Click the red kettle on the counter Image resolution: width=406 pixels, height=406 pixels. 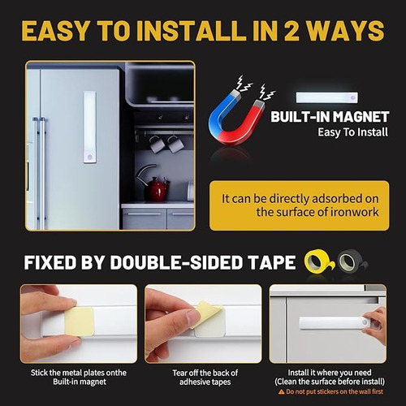156,189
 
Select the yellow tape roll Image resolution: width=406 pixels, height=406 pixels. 319,262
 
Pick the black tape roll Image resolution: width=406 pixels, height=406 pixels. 352,261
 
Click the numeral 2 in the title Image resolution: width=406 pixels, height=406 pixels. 292,31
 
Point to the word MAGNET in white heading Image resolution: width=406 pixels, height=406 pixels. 361,117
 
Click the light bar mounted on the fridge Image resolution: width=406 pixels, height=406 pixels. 89,127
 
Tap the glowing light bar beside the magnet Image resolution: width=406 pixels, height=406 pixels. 326,97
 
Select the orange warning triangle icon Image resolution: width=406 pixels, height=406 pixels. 281,391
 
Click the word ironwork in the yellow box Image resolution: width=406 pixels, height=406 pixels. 355,212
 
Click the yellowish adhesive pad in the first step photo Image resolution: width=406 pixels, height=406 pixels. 80,322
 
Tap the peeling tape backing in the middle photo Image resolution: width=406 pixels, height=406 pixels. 206,313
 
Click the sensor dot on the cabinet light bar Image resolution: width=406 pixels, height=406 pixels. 365,322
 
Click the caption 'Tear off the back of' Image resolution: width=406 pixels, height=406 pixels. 205,373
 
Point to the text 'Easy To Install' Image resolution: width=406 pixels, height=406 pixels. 353,132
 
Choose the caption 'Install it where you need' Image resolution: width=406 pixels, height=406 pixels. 330,373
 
